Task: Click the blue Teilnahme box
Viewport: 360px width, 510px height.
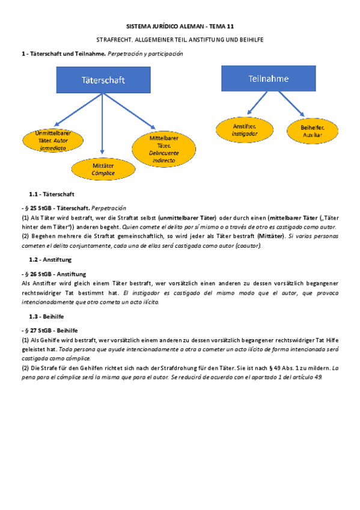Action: (268, 79)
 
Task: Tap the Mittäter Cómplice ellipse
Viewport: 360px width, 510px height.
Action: (103, 169)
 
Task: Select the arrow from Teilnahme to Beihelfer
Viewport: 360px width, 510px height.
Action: (292, 104)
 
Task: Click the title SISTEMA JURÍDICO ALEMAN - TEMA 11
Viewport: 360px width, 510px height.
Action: (180, 27)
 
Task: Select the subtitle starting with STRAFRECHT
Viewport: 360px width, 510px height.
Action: (180, 39)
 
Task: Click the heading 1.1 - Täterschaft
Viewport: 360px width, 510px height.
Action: (52, 194)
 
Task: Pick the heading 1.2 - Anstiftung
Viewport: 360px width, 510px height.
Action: (50, 259)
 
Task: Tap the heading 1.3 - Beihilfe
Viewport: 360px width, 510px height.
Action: (47, 316)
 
